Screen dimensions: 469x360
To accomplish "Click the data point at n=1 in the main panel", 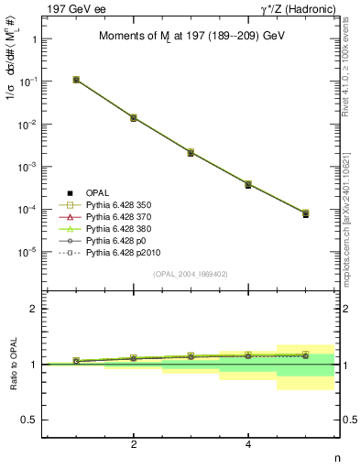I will point(76,80).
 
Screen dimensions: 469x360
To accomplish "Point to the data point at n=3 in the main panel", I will point(191,152).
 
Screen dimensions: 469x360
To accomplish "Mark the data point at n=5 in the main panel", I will point(306,213).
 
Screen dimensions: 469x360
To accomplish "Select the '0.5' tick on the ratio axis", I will point(30,420).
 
